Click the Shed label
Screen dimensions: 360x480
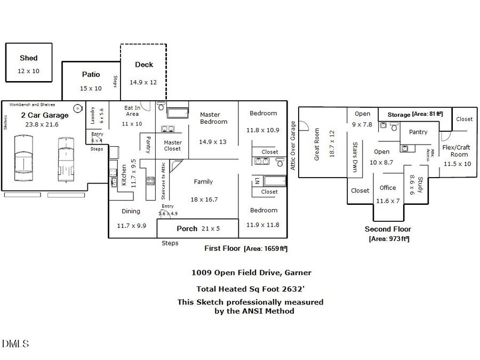[28, 58]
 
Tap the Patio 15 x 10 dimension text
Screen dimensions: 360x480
[91, 89]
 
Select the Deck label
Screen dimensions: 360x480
[143, 65]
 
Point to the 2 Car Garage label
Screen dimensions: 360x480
[44, 115]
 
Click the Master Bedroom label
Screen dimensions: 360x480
[213, 118]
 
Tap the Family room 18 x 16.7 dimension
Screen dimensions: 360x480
[203, 199]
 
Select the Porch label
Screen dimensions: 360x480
[187, 228]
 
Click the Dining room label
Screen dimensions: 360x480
[131, 211]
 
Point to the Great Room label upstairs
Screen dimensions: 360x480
[317, 145]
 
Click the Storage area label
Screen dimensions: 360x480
[399, 115]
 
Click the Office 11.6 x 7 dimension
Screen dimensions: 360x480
[388, 201]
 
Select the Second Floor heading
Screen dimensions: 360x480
[388, 229]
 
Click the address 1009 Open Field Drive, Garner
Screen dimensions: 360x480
[251, 273]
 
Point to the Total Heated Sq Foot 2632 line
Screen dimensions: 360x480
[251, 289]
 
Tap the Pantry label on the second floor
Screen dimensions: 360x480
[418, 132]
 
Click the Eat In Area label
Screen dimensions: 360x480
[132, 110]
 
